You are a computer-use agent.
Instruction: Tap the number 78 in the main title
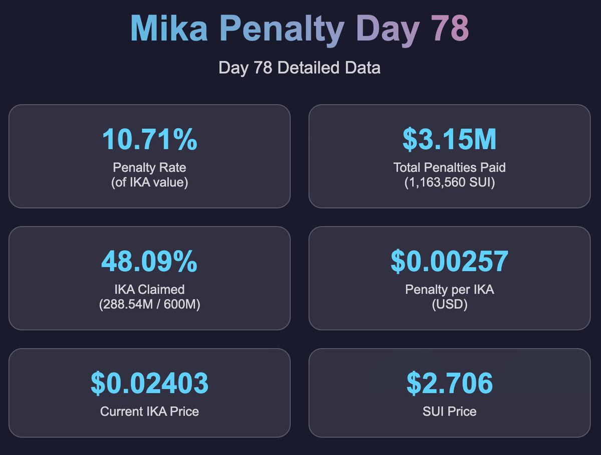[x=449, y=29]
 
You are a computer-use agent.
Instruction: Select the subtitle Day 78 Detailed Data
[x=299, y=68]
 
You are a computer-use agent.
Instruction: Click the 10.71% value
[x=149, y=140]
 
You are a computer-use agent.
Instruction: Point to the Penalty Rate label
[x=149, y=167]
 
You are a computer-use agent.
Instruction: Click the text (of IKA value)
[x=149, y=182]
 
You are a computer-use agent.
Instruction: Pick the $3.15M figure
[x=449, y=140]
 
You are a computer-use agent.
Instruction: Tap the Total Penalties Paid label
[x=449, y=167]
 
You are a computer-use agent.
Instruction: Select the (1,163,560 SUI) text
[x=449, y=182]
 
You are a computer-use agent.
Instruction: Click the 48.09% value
[x=149, y=262]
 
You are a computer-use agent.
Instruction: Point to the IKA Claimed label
[x=149, y=289]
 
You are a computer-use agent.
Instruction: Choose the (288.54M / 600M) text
[x=149, y=304]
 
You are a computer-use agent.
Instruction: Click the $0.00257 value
[x=449, y=262]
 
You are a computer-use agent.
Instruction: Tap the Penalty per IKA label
[x=449, y=289]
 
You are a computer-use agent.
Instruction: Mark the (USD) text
[x=449, y=304]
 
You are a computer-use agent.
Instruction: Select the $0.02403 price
[x=149, y=383]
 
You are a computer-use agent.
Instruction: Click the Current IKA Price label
[x=149, y=411]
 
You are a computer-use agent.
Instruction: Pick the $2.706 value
[x=449, y=383]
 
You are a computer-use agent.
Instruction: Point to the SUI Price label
[x=449, y=411]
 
